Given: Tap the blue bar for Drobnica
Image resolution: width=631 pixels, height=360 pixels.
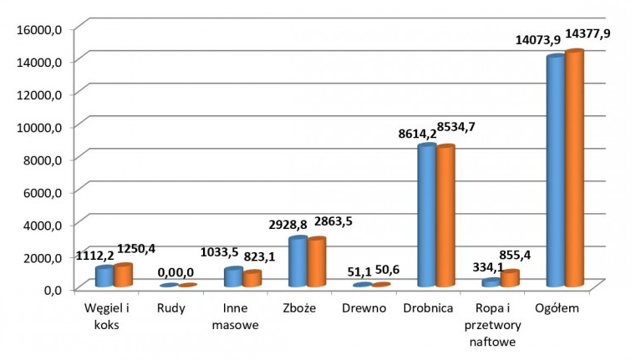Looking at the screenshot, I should coord(426,217).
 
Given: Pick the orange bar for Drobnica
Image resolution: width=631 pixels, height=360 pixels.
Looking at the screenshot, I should coord(445,217).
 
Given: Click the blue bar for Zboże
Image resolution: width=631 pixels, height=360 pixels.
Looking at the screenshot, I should coord(298,263).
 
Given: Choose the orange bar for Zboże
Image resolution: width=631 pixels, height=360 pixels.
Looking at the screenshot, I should coord(317,264).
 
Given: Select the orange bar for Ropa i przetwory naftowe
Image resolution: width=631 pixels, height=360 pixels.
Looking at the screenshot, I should coord(510,279).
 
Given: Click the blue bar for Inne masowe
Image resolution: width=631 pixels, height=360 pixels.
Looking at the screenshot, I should coord(233,278).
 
